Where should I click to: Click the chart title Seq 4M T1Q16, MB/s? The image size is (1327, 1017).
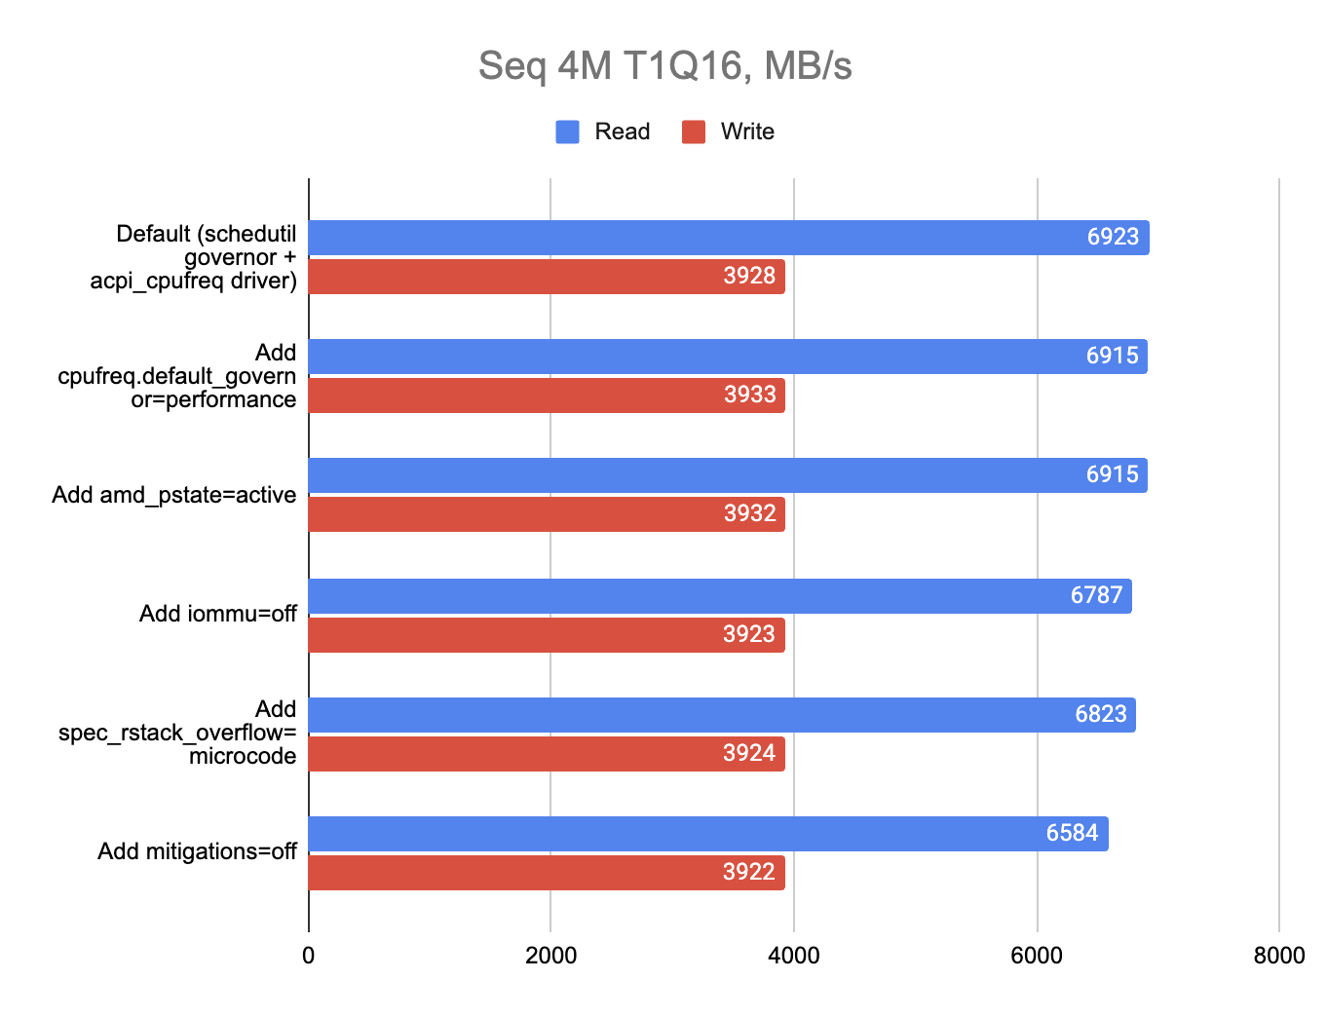click(x=664, y=66)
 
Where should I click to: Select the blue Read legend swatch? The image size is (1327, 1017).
click(x=567, y=132)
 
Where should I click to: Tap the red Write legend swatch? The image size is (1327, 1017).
click(x=693, y=132)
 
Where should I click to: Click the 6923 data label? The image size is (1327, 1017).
click(x=1113, y=238)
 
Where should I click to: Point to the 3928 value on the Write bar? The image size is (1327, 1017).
click(x=749, y=277)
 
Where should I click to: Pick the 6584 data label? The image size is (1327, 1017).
click(x=1072, y=834)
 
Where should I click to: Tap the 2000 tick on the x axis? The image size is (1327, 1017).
click(x=550, y=956)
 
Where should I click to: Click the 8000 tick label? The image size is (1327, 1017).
click(x=1278, y=956)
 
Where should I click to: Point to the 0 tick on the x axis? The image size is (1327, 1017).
click(x=309, y=956)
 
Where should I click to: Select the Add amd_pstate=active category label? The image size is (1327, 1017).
click(x=173, y=495)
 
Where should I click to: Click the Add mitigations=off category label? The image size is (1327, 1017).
click(x=197, y=851)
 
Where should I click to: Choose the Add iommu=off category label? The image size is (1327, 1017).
click(x=217, y=614)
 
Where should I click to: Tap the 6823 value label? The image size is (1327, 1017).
click(x=1100, y=714)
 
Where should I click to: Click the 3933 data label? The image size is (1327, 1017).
click(x=749, y=395)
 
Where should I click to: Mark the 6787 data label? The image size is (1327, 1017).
click(x=1096, y=595)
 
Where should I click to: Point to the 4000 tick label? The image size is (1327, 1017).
click(x=793, y=956)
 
